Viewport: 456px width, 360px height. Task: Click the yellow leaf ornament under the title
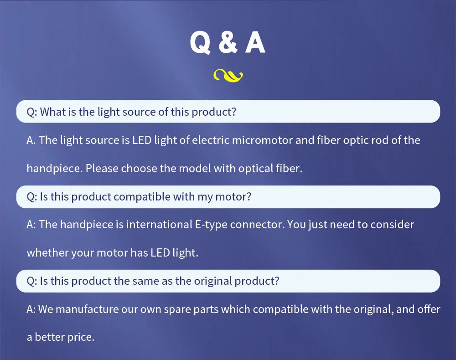click(228, 76)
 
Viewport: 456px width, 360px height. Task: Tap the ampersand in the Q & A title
click(228, 43)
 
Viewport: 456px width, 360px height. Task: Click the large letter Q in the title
click(200, 43)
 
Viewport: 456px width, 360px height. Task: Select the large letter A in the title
click(255, 42)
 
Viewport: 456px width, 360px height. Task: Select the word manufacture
click(87, 309)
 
